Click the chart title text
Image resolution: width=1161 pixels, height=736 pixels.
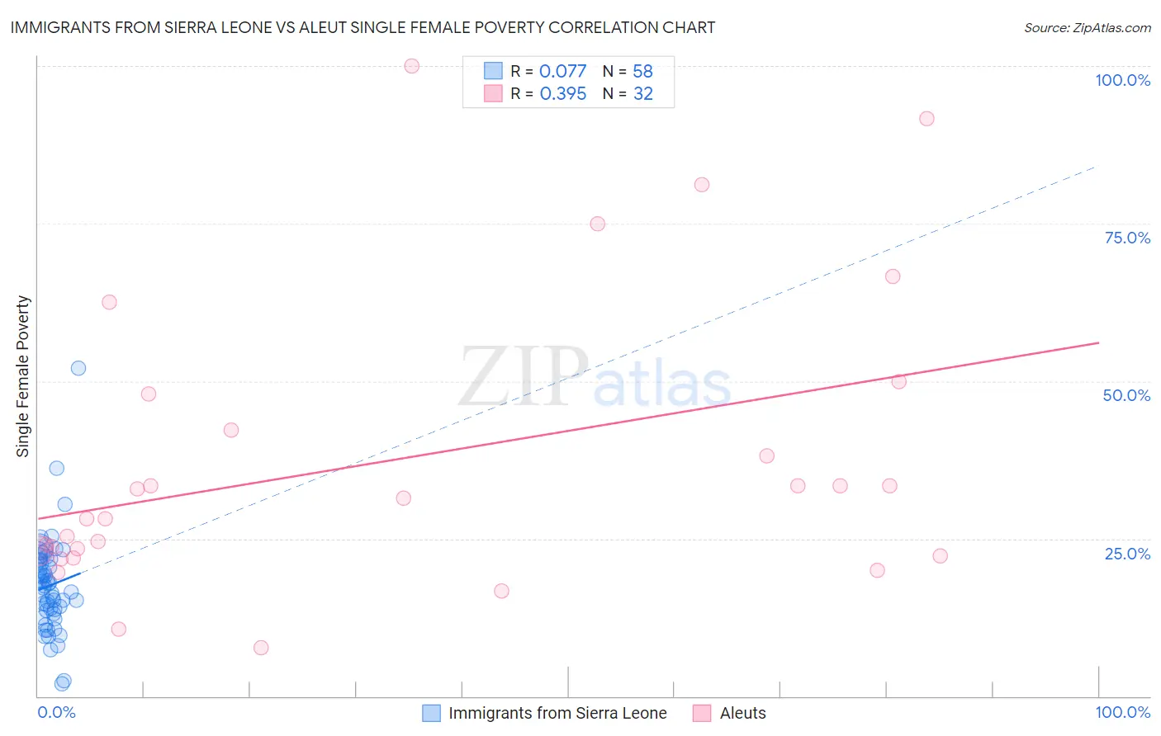[x=363, y=27]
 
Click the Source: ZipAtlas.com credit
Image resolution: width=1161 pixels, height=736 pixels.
[x=1087, y=27]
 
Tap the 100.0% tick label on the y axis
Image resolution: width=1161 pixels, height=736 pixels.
[x=1122, y=80]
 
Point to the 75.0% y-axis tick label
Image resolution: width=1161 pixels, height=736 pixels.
[x=1127, y=238]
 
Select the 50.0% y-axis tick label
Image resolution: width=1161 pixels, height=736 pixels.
[x=1126, y=395]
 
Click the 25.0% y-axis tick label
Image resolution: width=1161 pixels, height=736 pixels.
[x=1127, y=553]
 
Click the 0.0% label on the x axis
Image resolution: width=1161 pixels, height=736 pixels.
[x=56, y=712]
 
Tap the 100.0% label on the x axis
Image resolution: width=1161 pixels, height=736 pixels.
[x=1122, y=712]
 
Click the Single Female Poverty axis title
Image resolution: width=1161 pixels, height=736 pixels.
[x=23, y=376]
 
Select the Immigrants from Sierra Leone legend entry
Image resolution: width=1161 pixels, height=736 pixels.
[x=557, y=713]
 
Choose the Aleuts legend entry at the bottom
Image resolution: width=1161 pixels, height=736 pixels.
[x=742, y=713]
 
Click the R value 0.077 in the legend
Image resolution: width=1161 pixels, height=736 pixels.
[x=562, y=72]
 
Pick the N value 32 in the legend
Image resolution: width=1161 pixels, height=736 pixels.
[x=643, y=94]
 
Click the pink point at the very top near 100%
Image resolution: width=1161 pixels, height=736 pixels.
[x=412, y=66]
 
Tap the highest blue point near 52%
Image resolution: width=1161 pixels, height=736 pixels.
[x=78, y=368]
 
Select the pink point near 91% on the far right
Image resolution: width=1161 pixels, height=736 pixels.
[x=926, y=119]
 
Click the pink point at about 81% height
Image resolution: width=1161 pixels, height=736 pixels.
[x=702, y=185]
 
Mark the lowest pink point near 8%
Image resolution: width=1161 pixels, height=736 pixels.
[x=261, y=648]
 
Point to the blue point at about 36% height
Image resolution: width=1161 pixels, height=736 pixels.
[x=57, y=468]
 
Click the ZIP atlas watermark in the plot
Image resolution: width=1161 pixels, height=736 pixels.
[x=595, y=377]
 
